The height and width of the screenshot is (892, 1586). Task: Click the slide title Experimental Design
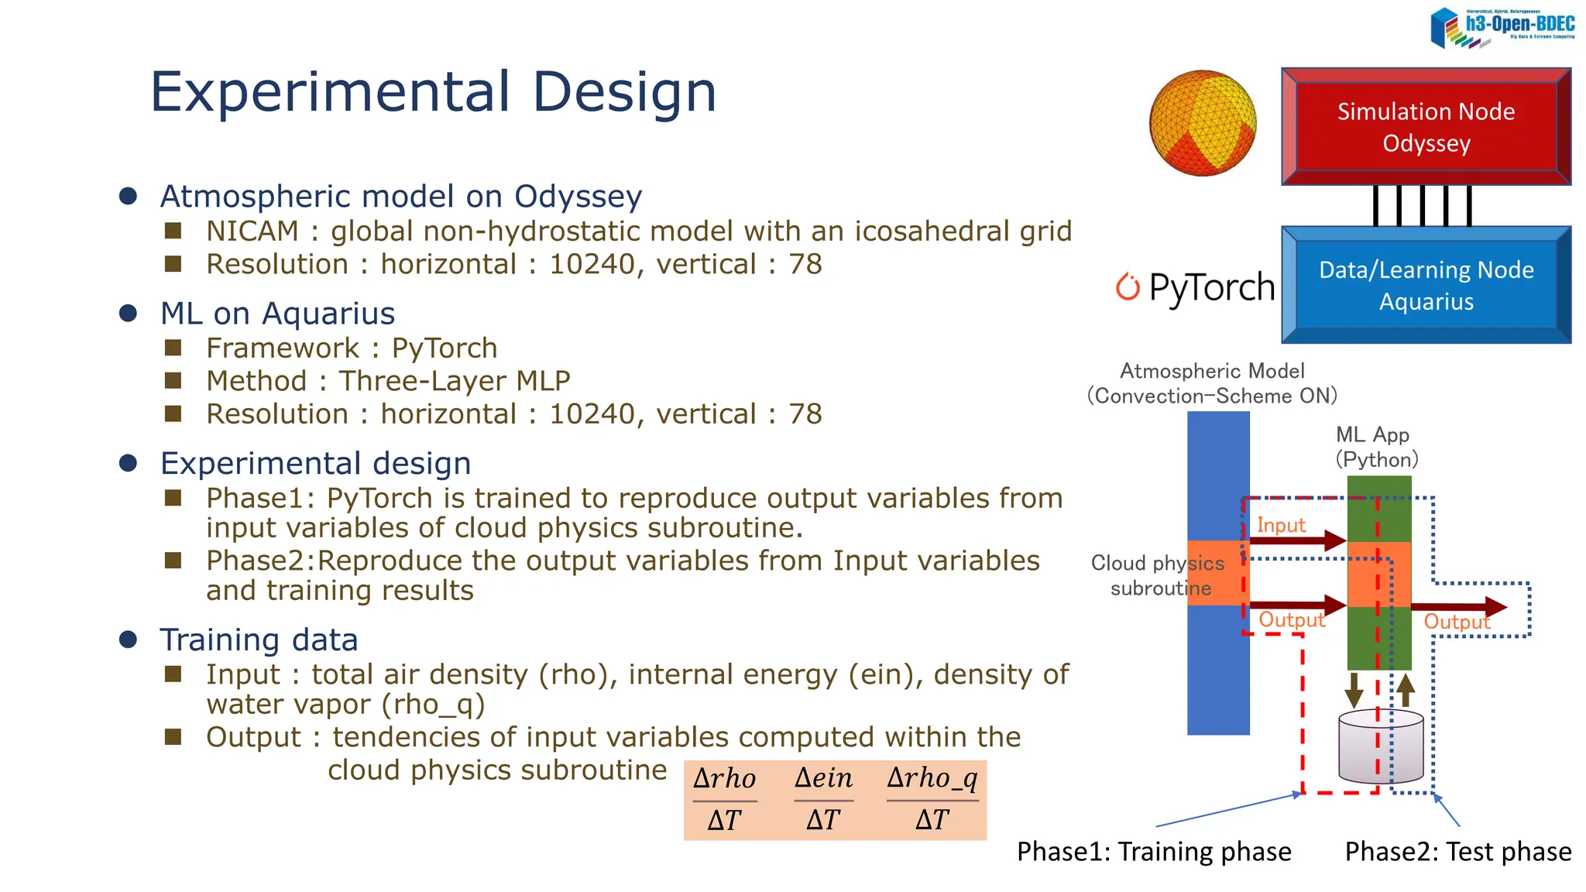(434, 92)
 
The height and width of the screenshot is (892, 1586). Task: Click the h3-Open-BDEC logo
(1502, 28)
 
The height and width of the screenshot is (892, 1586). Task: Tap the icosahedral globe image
(1203, 123)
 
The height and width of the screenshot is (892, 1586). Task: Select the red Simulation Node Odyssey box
(1426, 127)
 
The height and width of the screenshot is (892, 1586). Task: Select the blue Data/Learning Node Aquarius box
(1426, 285)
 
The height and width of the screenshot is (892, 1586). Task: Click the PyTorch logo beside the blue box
(1195, 287)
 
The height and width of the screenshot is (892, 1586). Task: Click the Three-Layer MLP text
(454, 381)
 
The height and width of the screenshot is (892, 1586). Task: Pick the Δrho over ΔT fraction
(725, 799)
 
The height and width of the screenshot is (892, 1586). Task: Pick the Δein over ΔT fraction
(823, 799)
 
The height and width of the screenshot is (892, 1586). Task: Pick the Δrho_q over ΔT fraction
(932, 799)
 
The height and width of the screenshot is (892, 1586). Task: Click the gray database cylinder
(1381, 747)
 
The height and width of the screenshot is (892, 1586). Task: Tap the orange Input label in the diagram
(1281, 525)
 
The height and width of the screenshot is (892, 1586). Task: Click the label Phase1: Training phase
(1154, 852)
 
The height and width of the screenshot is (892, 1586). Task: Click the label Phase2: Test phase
(1457, 852)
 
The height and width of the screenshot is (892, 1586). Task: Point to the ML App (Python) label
(1376, 447)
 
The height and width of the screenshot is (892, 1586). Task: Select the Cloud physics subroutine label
(1159, 575)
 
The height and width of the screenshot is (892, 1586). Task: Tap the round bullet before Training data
(129, 640)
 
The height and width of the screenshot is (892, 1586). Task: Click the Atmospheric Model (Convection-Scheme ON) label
(1212, 383)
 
